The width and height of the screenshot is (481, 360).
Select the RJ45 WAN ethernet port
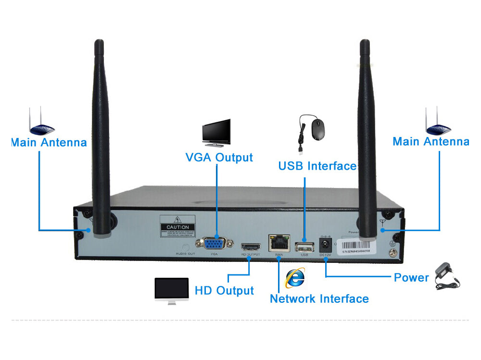(x=278, y=243)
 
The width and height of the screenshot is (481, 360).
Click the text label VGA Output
(x=219, y=157)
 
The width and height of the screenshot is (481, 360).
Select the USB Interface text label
(x=317, y=166)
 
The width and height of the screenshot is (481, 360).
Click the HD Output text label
(x=224, y=290)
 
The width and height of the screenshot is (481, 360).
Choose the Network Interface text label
(x=319, y=298)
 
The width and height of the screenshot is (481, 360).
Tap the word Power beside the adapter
(x=411, y=277)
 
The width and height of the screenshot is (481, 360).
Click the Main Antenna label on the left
(x=49, y=142)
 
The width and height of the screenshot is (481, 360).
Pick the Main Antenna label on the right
(x=430, y=141)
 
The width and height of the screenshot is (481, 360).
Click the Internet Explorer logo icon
(x=294, y=278)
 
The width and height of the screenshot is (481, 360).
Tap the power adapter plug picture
(x=447, y=276)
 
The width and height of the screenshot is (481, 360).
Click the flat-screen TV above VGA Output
(x=216, y=133)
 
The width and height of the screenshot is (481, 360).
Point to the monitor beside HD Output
(x=171, y=290)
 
